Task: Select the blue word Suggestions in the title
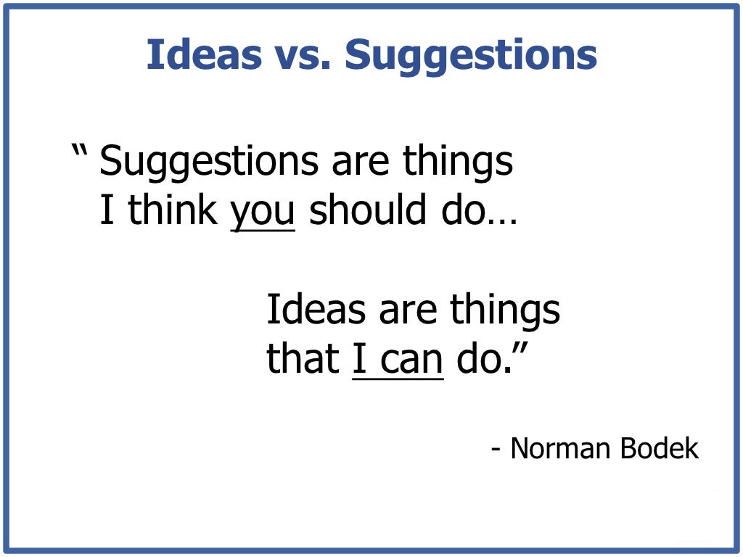(471, 55)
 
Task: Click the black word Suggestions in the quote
(209, 162)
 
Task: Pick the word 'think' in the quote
(173, 210)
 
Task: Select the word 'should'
(366, 210)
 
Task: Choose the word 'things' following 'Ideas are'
(505, 310)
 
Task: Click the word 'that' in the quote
(303, 358)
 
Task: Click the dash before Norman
(496, 450)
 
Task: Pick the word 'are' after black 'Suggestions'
(360, 163)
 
